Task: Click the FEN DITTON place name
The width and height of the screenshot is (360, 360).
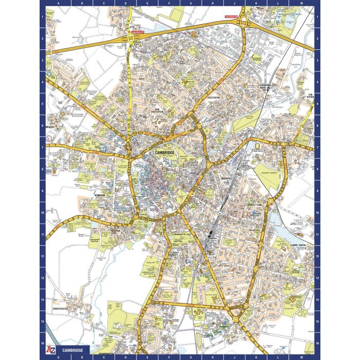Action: [310, 97]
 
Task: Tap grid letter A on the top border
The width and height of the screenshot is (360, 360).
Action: [58, 3]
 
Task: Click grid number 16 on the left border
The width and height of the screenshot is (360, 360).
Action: [43, 341]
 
